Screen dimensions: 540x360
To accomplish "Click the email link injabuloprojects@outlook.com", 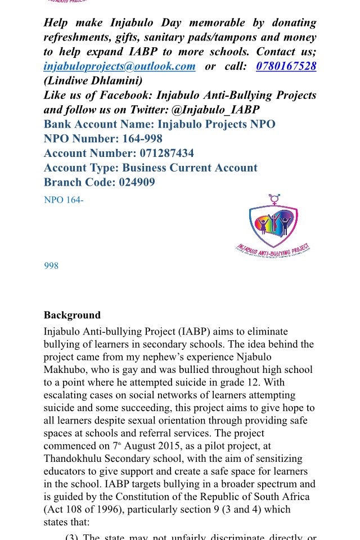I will (119, 66).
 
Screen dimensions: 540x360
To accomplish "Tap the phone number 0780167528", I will (286, 66).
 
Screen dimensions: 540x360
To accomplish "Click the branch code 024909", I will (137, 182).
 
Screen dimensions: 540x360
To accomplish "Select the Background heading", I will (72, 315).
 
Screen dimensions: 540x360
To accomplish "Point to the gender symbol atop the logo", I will (274, 199).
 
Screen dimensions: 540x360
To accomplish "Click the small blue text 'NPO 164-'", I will (64, 200).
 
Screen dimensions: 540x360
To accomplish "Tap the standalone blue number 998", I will (51, 265).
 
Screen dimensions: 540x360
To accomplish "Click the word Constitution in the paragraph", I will (145, 497).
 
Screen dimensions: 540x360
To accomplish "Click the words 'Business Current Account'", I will (190, 168).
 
